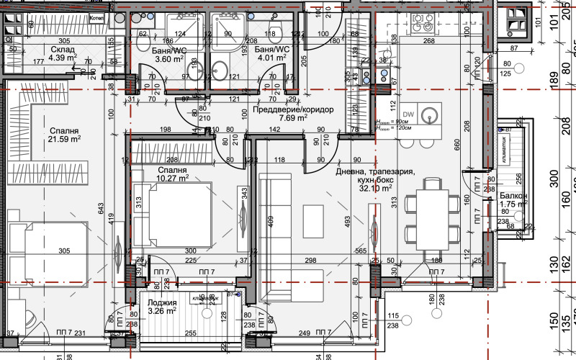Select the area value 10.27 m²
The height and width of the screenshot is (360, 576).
(x=173, y=176)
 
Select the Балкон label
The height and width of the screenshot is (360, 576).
(x=514, y=196)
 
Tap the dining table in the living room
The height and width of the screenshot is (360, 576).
(x=431, y=213)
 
